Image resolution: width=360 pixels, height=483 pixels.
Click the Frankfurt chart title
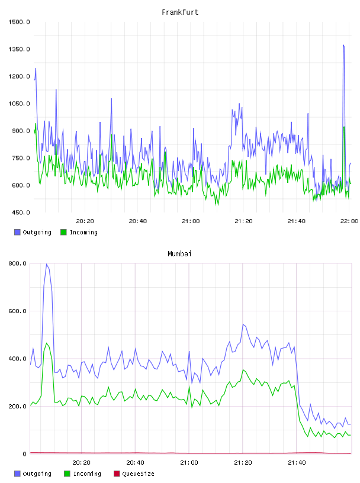[180, 12]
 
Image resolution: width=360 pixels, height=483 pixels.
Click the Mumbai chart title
[179, 254]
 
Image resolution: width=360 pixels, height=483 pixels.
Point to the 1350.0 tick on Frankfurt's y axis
[19, 49]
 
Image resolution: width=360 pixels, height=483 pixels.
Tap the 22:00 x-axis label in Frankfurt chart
[349, 221]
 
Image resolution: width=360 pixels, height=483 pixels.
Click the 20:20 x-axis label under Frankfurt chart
[85, 221]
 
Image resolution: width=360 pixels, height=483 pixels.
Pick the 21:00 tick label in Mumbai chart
[189, 463]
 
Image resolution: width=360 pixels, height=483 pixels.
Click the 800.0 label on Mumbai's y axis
[17, 263]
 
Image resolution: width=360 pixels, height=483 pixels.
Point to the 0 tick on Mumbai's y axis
[25, 454]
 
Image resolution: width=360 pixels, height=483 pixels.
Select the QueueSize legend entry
[134, 474]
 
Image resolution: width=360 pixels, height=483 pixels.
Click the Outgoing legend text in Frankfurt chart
[37, 232]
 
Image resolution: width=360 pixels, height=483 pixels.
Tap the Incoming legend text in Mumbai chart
[87, 474]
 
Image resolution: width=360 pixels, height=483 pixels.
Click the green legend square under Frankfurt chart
[63, 232]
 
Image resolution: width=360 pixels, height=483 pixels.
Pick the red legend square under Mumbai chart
[117, 474]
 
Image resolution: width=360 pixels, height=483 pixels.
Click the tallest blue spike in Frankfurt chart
[343, 45]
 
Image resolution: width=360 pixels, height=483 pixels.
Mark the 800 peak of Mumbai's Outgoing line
[47, 264]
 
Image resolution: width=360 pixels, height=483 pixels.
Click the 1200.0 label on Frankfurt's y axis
[19, 76]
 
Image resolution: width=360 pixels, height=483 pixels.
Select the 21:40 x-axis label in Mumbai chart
[297, 463]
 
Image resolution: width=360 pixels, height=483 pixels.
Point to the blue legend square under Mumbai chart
[17, 474]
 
